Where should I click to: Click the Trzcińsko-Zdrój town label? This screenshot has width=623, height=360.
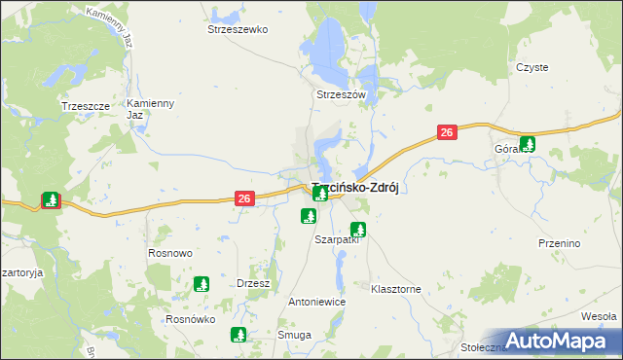356,188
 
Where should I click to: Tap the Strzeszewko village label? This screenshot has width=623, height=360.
238,29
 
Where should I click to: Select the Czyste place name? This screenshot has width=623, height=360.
532,67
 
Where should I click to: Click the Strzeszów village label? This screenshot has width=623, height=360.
340,94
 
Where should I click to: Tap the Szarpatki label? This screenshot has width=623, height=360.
337,239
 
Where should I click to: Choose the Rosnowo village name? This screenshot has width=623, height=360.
170,253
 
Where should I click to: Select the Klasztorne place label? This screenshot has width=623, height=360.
396,289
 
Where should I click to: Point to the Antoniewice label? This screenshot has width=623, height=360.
317,302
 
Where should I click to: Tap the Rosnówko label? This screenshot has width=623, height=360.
190,319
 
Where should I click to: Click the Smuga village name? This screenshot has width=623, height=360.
294,335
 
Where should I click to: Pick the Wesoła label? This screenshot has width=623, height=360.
599,316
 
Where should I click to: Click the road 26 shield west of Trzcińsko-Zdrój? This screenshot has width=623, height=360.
244,198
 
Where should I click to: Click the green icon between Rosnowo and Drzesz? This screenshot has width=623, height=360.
202,284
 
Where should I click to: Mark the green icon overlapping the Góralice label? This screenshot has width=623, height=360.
529,142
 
